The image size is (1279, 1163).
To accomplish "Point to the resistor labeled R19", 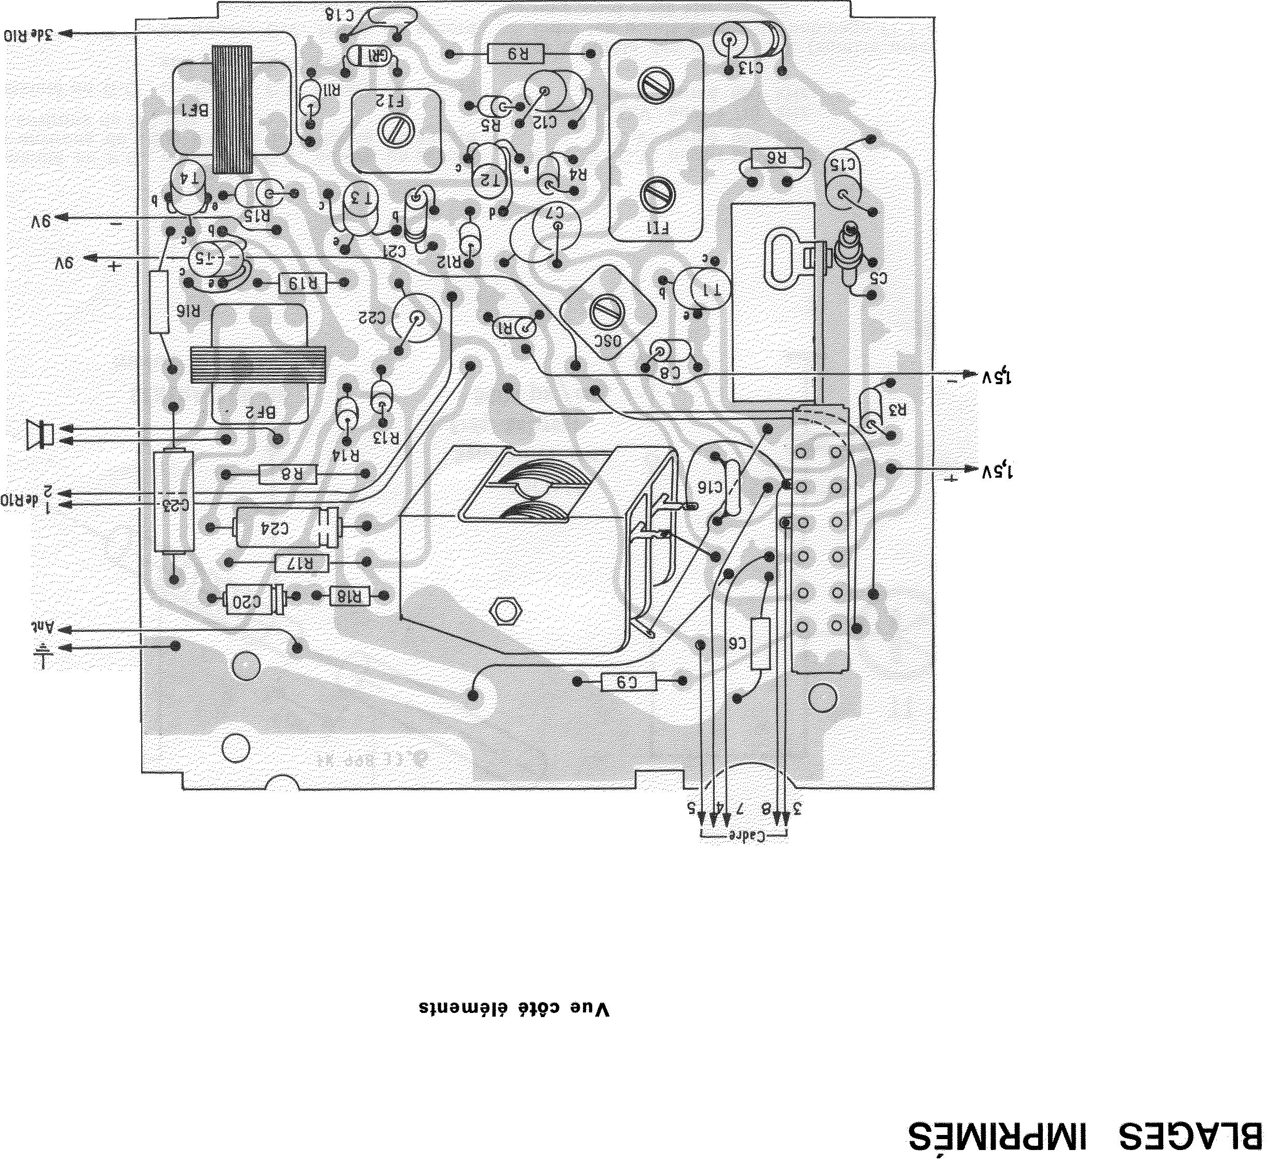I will [x=303, y=283].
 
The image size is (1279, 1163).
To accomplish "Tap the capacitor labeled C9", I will [x=629, y=682].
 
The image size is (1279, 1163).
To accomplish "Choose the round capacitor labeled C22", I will [x=416, y=318].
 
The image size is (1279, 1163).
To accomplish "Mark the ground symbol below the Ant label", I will [x=43, y=654].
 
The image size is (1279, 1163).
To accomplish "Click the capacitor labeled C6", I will [x=760, y=643].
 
